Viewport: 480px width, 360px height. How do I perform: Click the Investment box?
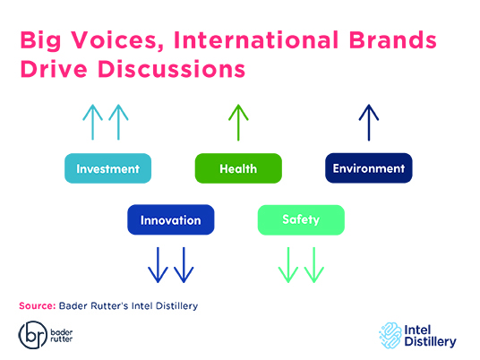(107, 168)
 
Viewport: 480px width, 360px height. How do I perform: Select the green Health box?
(238, 168)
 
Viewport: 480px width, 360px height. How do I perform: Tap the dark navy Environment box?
(369, 168)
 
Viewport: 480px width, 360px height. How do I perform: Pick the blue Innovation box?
(171, 219)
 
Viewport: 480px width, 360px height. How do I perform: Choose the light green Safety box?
(301, 219)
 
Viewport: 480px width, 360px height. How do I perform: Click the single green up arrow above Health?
(238, 123)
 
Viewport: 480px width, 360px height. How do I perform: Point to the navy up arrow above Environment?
(369, 123)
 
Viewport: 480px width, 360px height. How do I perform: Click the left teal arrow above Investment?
(92, 122)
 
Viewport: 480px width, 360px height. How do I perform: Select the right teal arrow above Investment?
(118, 122)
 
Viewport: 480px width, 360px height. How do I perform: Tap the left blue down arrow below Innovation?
(158, 265)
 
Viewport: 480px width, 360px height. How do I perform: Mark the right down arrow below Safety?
(314, 265)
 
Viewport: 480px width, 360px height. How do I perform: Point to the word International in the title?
(256, 39)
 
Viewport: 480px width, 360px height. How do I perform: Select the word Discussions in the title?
(171, 69)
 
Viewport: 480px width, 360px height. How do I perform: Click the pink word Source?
(37, 305)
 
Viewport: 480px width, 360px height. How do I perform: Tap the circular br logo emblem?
(33, 335)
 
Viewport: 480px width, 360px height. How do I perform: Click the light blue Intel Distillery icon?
(390, 336)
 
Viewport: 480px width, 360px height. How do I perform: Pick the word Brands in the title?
(392, 39)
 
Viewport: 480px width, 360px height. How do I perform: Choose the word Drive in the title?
(54, 69)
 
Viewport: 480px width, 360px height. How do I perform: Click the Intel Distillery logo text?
(430, 336)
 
